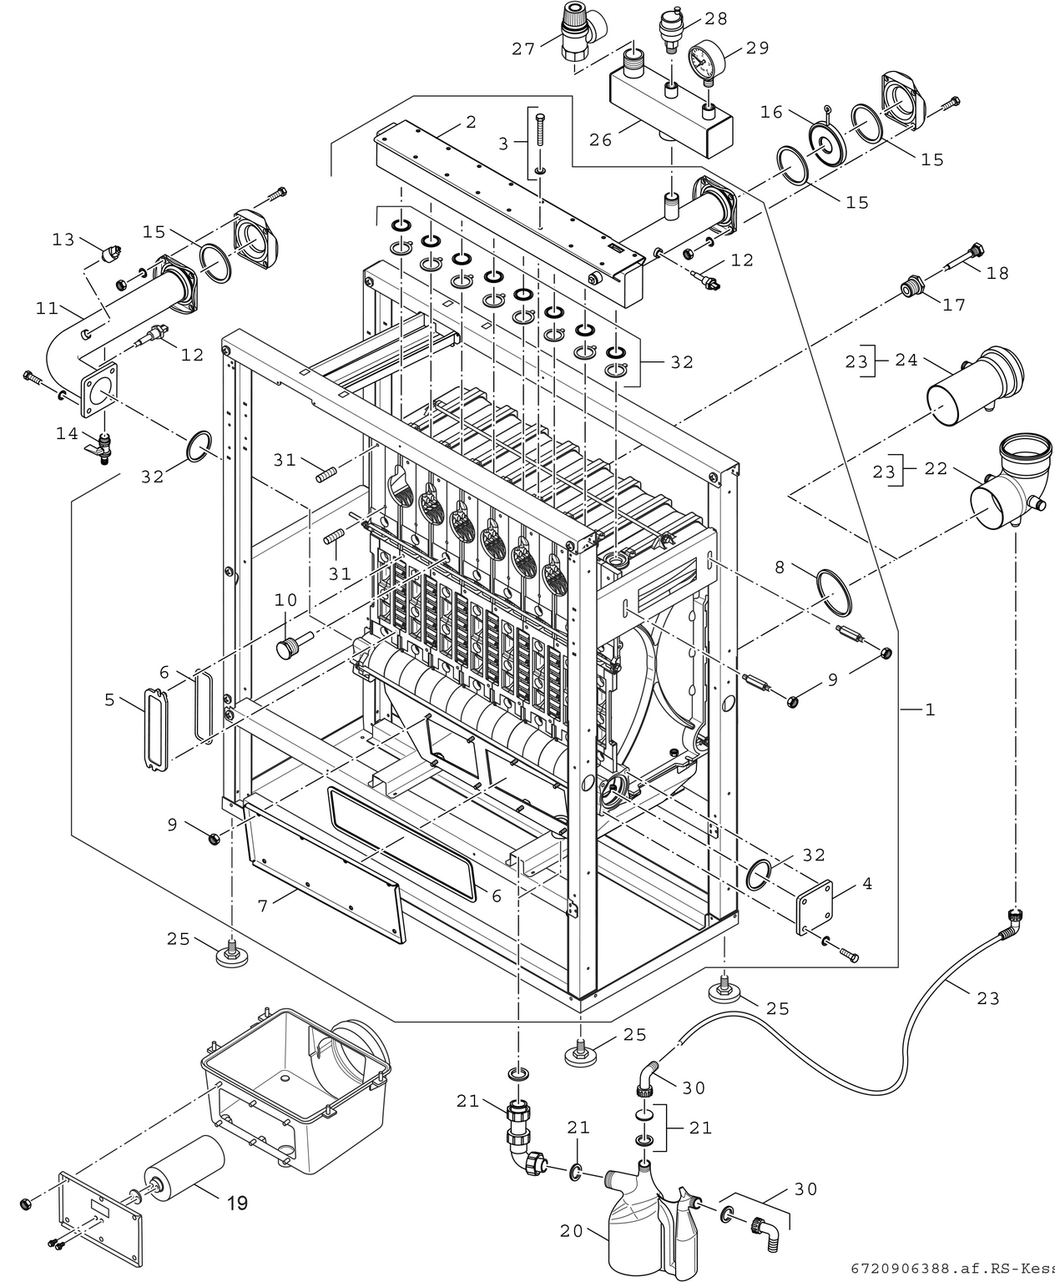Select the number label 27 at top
click(x=523, y=49)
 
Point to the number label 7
click(x=263, y=905)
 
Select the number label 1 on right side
click(x=930, y=710)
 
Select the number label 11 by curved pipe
click(x=47, y=309)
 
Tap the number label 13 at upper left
click(x=63, y=240)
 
